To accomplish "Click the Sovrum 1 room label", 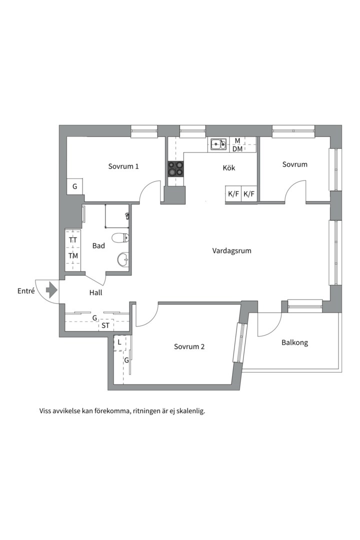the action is click(x=123, y=166).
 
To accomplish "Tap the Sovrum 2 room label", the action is click(x=189, y=346).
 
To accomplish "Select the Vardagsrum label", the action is click(x=231, y=250).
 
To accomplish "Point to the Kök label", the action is click(x=229, y=167).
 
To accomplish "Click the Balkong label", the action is click(x=294, y=342).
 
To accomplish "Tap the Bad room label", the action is click(x=98, y=246).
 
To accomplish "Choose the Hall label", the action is click(x=96, y=292).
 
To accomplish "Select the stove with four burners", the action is click(x=175, y=169).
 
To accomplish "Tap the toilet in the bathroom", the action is click(x=120, y=237).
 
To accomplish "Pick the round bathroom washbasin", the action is click(x=123, y=259).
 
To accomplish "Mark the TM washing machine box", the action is click(x=73, y=256).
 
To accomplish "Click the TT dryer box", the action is click(x=73, y=240).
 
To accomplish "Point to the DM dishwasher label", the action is click(x=237, y=149).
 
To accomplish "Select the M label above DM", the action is click(x=237, y=141).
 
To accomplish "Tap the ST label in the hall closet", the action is click(x=105, y=325).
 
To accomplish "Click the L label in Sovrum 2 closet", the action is click(x=119, y=342).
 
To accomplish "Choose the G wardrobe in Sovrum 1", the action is click(x=75, y=186).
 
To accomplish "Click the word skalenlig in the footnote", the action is click(x=191, y=411).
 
